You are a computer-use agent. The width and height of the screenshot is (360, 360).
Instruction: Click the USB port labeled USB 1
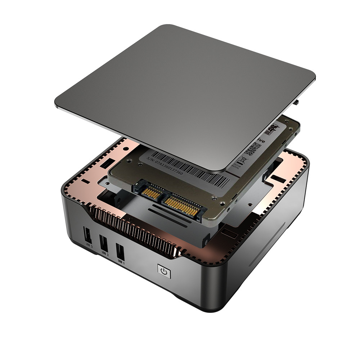click(x=120, y=252)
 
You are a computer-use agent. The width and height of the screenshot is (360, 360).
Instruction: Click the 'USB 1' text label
click(x=121, y=262)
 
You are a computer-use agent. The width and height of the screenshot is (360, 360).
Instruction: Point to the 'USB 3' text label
click(x=89, y=246)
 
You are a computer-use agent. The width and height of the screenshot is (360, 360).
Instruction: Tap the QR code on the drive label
click(x=253, y=149)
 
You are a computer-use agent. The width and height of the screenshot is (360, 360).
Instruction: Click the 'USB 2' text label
click(x=105, y=254)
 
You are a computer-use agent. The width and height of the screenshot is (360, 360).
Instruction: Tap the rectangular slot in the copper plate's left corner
click(x=105, y=164)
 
